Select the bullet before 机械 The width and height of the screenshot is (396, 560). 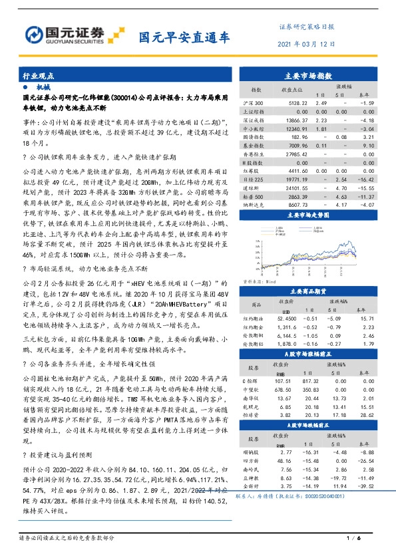coord(25,87)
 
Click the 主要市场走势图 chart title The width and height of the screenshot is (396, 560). coord(312,216)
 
